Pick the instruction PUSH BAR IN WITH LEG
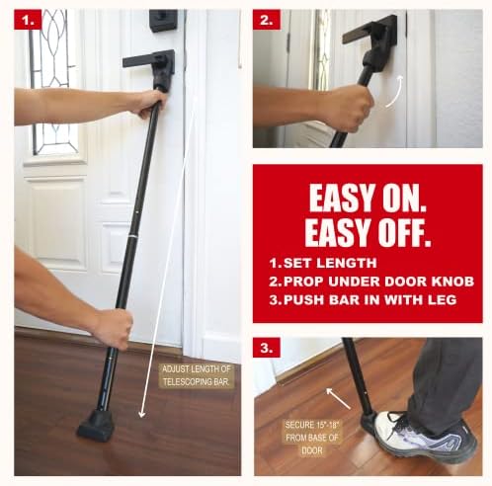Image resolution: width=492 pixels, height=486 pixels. point(367,298)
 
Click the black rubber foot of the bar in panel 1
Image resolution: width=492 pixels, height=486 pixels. point(96,426)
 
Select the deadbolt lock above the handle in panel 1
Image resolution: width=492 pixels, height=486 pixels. point(163,20)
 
